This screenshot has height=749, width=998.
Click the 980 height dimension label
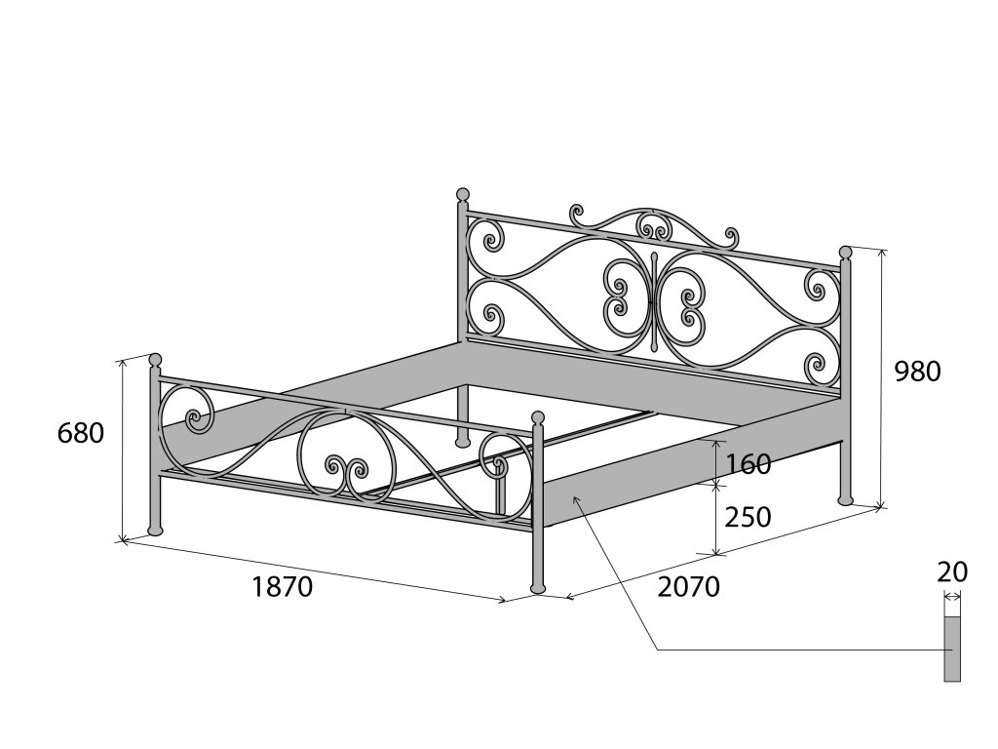917,372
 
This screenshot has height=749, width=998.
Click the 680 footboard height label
81,433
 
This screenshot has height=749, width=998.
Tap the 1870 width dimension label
282,587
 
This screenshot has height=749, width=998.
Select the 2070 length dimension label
688,587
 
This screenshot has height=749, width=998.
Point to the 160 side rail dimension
748,464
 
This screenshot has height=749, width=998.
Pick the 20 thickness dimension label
952,572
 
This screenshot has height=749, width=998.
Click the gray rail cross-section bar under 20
952,649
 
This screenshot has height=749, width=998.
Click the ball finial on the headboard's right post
845,253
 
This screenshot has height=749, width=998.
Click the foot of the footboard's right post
537,587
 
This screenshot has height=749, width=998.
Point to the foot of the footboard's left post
154,530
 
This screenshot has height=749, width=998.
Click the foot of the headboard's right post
845,500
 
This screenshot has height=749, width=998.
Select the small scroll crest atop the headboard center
654,225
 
